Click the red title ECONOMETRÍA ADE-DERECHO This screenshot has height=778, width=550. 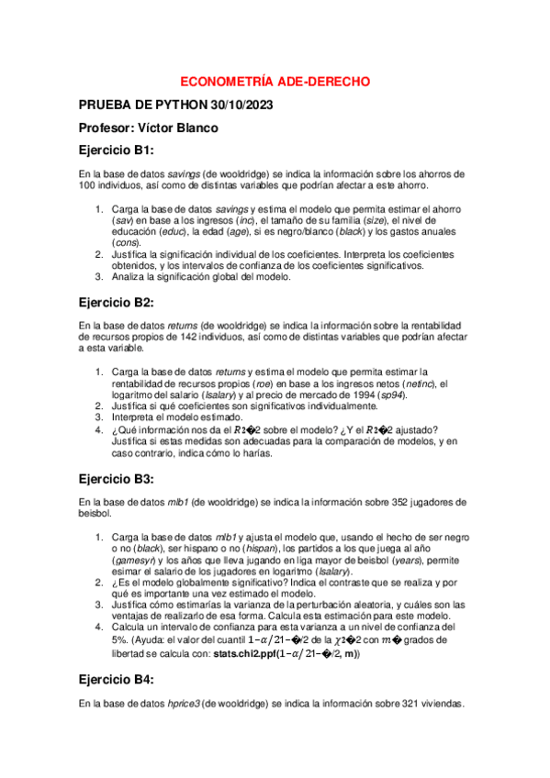pos(275,82)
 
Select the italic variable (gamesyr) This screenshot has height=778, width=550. pos(134,559)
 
